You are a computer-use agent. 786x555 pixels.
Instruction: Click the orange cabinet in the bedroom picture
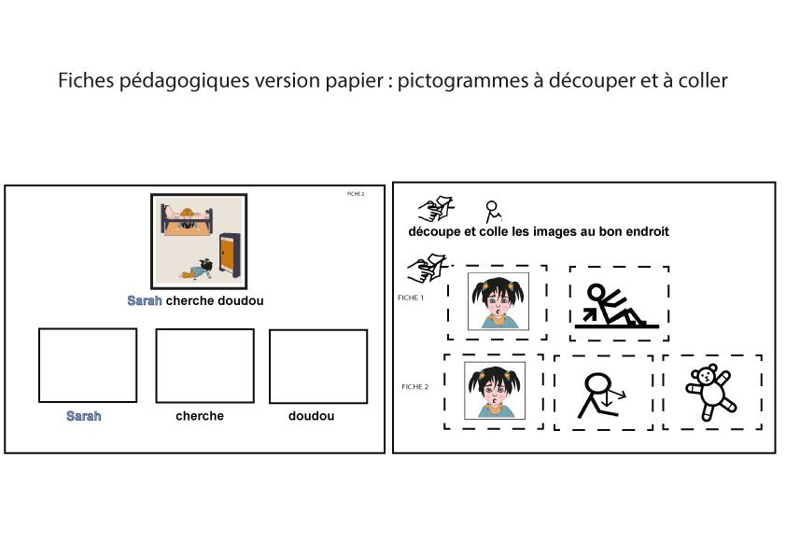click(x=230, y=256)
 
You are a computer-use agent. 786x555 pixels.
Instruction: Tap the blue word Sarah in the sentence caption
click(x=145, y=300)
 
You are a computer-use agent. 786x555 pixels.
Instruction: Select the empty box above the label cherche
click(x=205, y=366)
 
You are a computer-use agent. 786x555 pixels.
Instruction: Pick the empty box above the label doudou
click(x=318, y=367)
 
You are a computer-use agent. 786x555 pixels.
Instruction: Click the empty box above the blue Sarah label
click(x=88, y=365)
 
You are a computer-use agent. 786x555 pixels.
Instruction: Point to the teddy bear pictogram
click(x=710, y=392)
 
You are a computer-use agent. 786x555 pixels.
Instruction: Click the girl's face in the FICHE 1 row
click(x=498, y=301)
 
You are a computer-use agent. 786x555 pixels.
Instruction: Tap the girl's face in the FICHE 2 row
click(x=495, y=390)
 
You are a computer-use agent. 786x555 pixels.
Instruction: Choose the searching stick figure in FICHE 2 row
click(x=601, y=395)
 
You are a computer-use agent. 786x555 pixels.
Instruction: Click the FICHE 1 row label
click(x=411, y=298)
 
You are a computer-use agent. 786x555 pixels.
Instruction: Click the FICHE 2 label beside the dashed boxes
click(x=415, y=387)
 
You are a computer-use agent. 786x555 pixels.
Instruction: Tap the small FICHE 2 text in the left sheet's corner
click(x=356, y=194)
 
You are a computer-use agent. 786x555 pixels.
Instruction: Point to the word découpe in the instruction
click(x=435, y=231)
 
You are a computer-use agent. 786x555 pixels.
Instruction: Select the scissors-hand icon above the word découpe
click(x=437, y=209)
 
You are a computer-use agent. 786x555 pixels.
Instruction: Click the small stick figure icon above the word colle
click(x=493, y=212)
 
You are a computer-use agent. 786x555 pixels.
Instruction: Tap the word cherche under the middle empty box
click(x=200, y=416)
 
